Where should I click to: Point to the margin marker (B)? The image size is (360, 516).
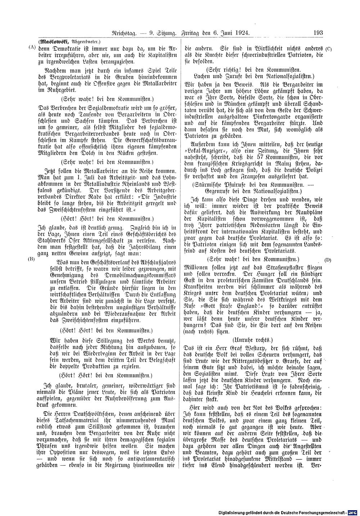(32, 259)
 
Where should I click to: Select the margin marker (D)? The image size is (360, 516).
(328, 259)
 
